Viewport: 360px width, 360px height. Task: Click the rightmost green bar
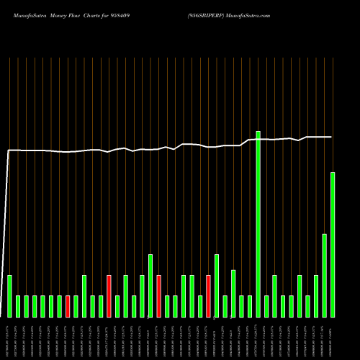click(333, 245)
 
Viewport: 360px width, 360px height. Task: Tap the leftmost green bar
click(9, 296)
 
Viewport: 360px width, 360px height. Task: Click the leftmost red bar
click(68, 306)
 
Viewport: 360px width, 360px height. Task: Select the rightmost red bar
click(208, 296)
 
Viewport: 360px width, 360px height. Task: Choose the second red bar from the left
click(109, 296)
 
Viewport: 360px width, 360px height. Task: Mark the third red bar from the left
click(158, 296)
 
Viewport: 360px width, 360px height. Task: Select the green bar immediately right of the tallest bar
click(266, 306)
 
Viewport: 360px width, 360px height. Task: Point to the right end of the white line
click(332, 137)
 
